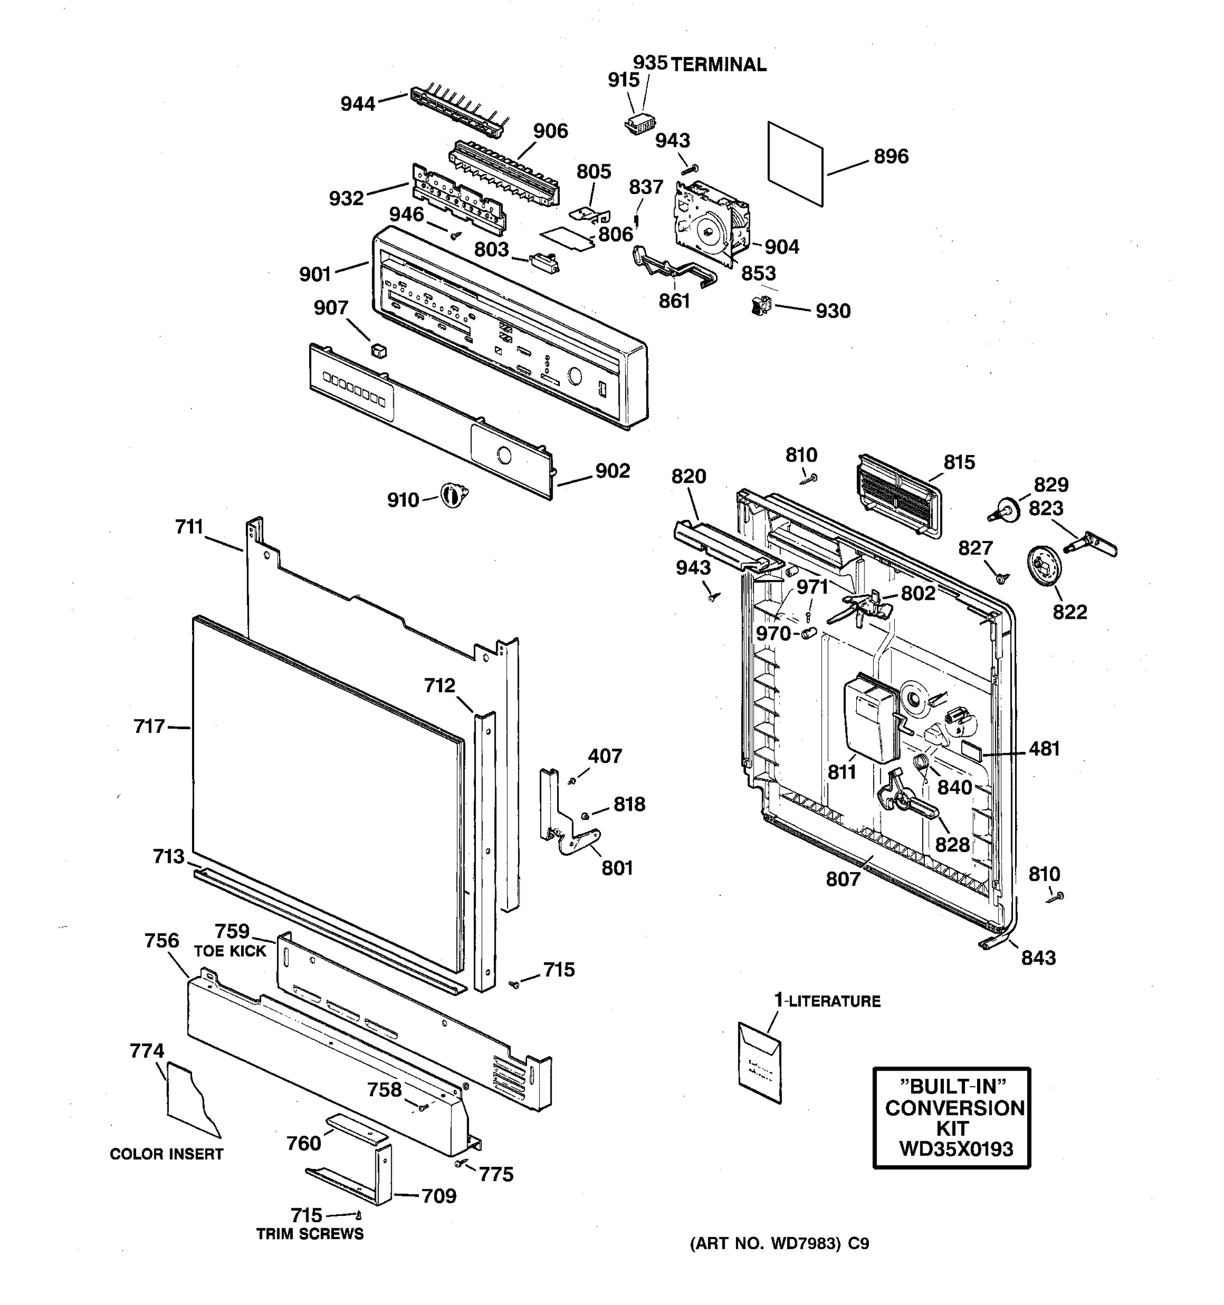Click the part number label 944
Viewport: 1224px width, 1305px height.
[x=357, y=104]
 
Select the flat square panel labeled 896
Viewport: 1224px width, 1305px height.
[x=795, y=164]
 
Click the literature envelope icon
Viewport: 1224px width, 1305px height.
[x=760, y=1061]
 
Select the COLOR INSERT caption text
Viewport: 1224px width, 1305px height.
[x=166, y=1153]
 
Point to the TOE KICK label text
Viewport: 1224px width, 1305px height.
[x=230, y=951]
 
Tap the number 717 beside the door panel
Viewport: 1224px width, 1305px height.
[x=149, y=726]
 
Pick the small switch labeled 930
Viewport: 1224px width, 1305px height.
[x=761, y=305]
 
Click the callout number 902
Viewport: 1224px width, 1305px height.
[x=612, y=471]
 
